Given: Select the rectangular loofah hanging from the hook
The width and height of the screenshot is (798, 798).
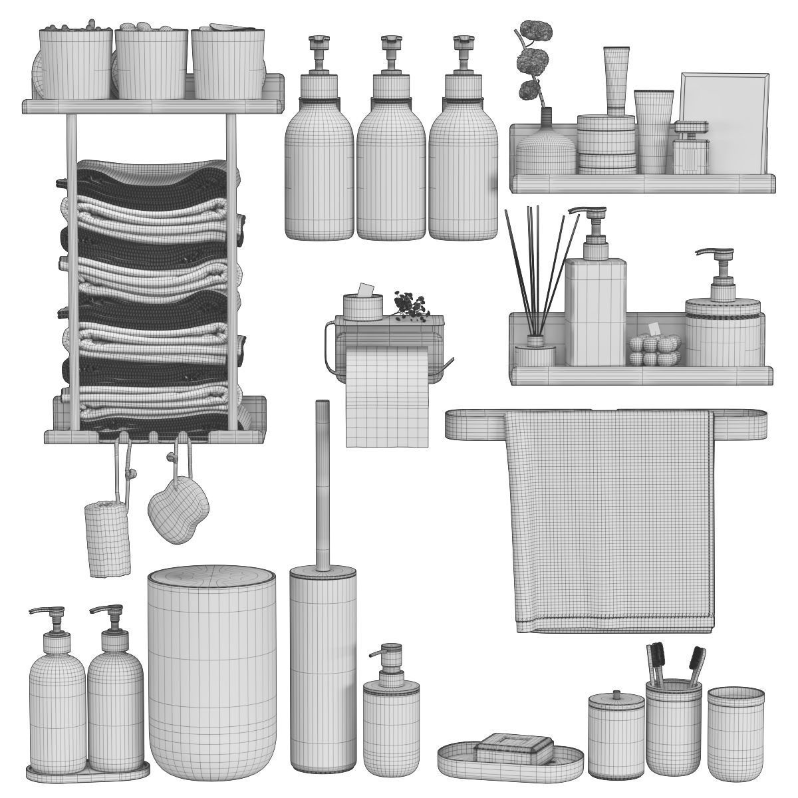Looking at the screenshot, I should [108, 537].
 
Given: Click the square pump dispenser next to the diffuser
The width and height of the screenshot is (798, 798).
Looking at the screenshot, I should [596, 309].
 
